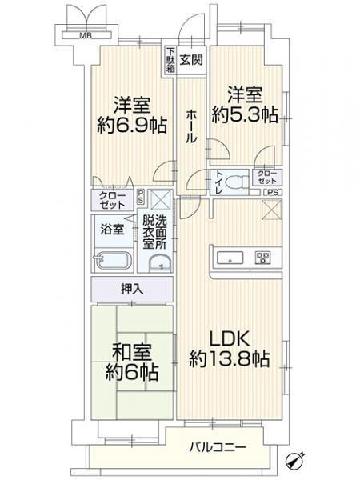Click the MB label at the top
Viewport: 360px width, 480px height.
[x=86, y=36]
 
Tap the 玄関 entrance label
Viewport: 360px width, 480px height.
[x=191, y=60]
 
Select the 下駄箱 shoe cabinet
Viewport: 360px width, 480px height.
[x=170, y=60]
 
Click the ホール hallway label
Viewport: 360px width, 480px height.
[x=191, y=126]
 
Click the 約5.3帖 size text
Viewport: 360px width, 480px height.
[x=245, y=114]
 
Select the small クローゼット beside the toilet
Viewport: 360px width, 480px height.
[x=267, y=178]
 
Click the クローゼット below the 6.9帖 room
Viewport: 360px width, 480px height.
[x=112, y=200]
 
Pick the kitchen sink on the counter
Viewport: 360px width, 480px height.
[x=230, y=257]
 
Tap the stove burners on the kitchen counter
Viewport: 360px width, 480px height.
[x=263, y=257]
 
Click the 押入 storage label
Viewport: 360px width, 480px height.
[x=132, y=289]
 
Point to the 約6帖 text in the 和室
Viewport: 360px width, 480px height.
[x=132, y=372]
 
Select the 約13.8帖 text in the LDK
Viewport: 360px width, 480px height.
[x=230, y=358]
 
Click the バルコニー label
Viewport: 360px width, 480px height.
[x=218, y=448]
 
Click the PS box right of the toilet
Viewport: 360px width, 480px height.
[x=273, y=193]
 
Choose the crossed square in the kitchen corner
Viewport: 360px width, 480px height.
[x=272, y=210]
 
